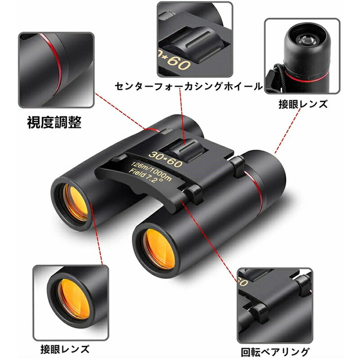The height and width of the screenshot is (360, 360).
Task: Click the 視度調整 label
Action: [54, 122]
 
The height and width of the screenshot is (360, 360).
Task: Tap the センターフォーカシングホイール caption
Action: [189, 86]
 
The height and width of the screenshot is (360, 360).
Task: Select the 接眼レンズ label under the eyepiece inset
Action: [303, 104]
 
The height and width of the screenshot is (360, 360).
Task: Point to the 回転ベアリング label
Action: [275, 352]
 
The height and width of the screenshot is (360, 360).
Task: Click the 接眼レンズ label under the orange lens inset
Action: [65, 350]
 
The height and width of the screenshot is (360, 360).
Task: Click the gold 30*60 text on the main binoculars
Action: [166, 159]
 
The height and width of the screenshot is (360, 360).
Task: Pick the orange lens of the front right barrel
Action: [160, 249]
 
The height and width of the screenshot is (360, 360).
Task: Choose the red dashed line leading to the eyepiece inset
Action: [288, 131]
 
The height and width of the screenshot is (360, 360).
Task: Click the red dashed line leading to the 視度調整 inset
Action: [120, 111]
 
